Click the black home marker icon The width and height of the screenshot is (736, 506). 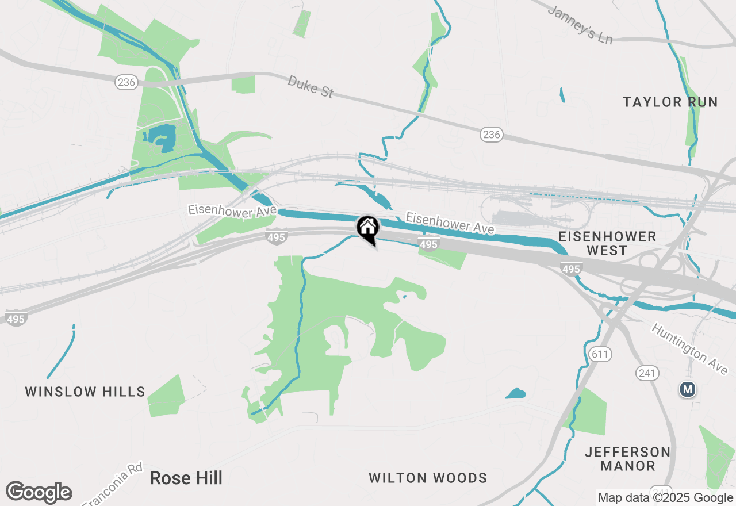pos(368,228)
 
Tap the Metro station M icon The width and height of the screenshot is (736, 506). pos(687,389)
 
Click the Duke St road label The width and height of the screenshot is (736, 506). pos(310,87)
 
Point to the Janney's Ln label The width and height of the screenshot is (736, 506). pos(580,26)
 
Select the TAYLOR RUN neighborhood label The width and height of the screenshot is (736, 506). pos(670,102)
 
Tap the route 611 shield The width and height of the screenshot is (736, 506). pos(600,354)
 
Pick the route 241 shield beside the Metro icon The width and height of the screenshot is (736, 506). pos(647,373)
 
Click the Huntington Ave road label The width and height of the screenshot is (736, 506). pos(689,348)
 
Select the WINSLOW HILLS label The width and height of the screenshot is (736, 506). pos(85,392)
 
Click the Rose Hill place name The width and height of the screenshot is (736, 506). pos(186,478)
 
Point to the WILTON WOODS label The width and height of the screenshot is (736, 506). pos(428,478)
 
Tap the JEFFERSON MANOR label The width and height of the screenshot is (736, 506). pos(627,459)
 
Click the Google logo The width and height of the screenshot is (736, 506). pos(39,493)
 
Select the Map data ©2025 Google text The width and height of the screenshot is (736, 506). pos(665,498)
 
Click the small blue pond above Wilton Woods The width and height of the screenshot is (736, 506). pos(516,394)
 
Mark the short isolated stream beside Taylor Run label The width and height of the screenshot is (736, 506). pos(562,95)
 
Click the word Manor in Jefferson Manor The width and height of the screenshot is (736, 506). pos(627,466)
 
